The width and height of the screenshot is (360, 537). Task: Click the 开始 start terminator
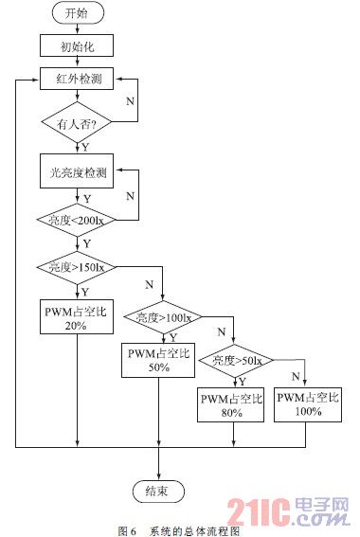(77, 14)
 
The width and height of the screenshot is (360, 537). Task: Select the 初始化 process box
(77, 45)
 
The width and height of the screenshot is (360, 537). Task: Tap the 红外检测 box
(77, 79)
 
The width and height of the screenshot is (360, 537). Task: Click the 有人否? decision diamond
(77, 122)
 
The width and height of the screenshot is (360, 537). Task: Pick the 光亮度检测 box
(77, 173)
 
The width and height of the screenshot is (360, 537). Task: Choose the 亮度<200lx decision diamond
(77, 220)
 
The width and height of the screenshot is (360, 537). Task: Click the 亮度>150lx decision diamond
(77, 268)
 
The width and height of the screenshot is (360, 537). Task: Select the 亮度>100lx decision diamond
(158, 319)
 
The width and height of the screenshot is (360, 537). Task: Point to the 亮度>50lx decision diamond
(234, 360)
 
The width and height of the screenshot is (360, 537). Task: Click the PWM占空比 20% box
(77, 317)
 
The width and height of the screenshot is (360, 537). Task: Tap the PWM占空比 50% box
(158, 360)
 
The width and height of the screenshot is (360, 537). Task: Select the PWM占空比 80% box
(232, 404)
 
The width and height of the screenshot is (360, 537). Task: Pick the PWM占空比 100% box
(308, 404)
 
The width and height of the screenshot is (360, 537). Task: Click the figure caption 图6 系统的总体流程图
(181, 528)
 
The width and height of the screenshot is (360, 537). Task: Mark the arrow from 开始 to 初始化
(77, 29)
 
